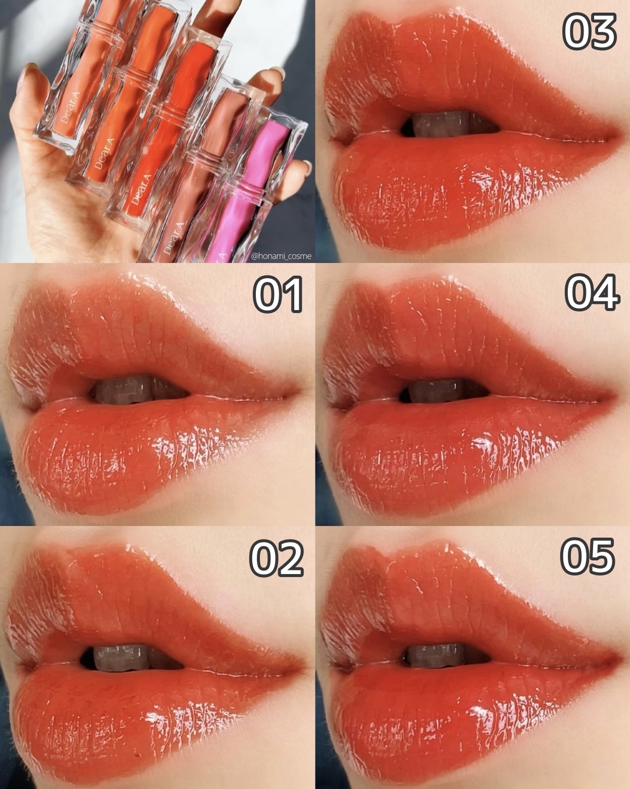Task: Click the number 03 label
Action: click(589, 32)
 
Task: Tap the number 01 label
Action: click(278, 295)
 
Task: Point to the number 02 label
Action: click(277, 557)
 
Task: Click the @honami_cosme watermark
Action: click(281, 256)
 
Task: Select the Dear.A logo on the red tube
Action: click(137, 191)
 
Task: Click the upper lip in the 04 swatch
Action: click(462, 337)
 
